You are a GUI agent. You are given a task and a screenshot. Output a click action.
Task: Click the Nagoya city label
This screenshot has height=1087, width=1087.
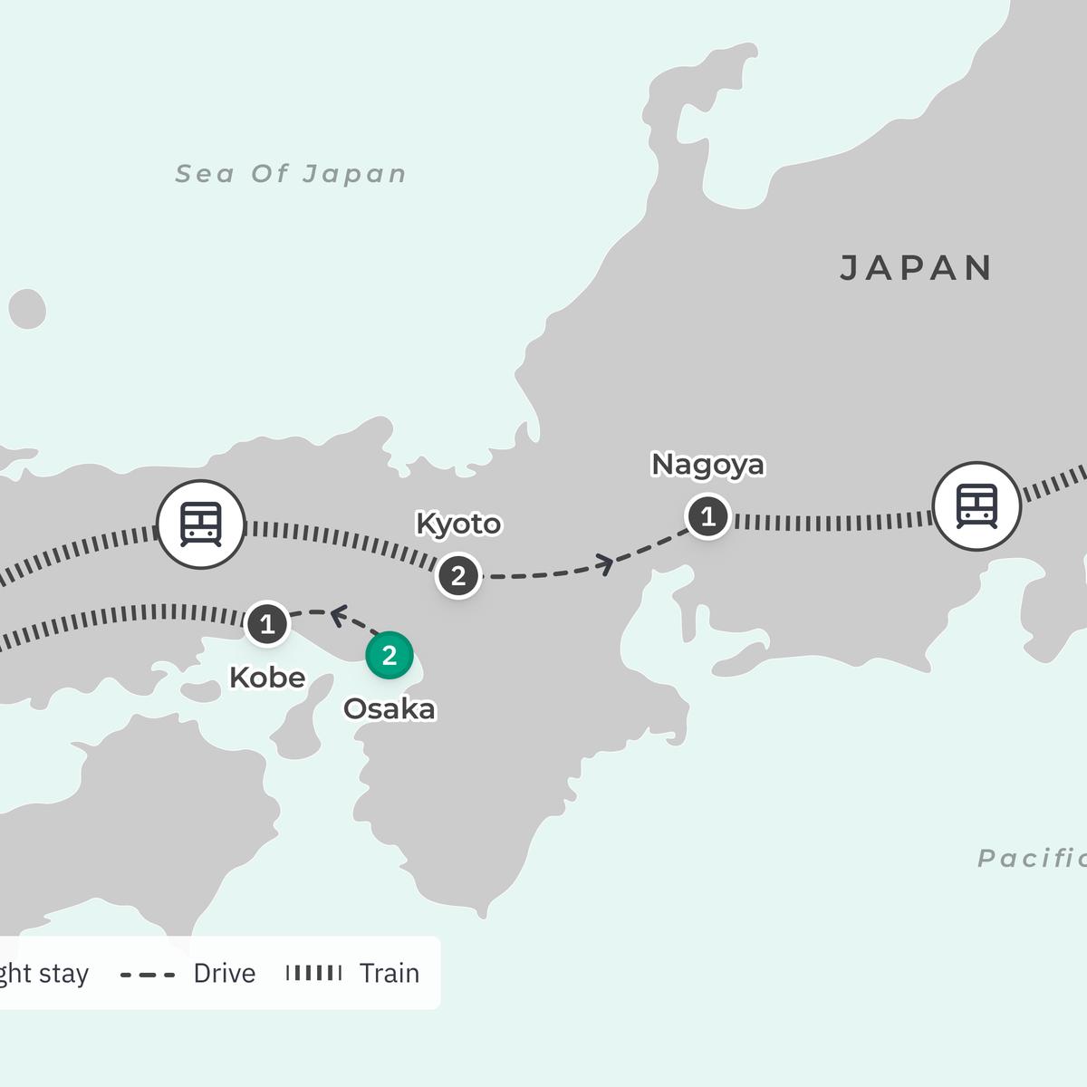pos(707,465)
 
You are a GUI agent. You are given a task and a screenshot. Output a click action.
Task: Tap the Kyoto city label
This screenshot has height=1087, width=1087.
pos(458,524)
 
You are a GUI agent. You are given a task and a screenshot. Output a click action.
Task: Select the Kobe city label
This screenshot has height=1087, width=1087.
pos(267,678)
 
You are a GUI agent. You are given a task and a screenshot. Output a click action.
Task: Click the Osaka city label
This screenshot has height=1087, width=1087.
pos(390,708)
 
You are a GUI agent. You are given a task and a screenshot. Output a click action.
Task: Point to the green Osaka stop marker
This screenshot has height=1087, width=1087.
pos(390,655)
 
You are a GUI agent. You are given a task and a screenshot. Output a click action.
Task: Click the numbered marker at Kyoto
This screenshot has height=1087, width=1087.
pos(458,575)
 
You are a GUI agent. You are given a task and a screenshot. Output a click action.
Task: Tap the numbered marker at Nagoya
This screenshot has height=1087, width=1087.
pos(708,516)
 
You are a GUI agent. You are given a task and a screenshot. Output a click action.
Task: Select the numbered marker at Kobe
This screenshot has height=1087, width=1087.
pos(267,624)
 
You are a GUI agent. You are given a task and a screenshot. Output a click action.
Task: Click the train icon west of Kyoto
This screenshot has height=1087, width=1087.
pos(201,524)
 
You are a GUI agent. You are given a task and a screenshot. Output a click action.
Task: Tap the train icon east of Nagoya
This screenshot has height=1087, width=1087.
pos(977,506)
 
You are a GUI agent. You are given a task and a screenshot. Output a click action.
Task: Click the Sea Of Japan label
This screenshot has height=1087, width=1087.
pos(291,174)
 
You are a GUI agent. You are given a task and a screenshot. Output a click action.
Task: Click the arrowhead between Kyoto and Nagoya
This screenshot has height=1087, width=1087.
pos(604,565)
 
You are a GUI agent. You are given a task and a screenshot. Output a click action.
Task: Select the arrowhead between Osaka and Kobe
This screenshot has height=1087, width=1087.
pos(338,616)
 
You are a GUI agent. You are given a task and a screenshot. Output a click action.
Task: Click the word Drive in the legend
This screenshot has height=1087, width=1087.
pos(225,974)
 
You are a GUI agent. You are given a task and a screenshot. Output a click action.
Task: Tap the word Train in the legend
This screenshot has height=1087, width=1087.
pos(390,974)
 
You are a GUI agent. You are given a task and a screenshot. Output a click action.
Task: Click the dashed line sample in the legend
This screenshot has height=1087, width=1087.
pos(148,975)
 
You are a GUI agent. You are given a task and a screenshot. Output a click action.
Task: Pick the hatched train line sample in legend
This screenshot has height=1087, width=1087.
pos(313,973)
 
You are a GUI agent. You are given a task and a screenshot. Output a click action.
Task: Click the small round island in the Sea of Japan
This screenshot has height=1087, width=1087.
pos(27,309)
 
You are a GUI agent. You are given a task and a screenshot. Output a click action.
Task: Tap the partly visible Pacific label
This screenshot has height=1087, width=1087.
pos(1032,858)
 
